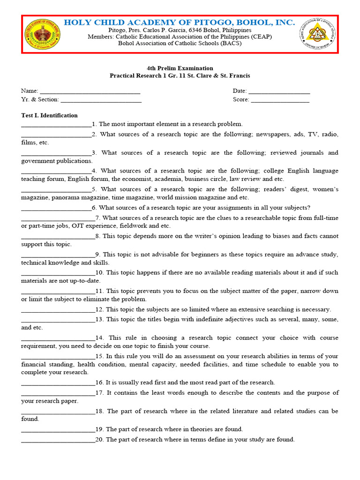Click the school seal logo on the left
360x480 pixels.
(43, 35)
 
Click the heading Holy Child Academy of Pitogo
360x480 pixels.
(180, 22)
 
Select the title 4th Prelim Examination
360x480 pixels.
(180, 68)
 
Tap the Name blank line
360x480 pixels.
(90, 91)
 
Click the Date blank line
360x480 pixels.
(279, 91)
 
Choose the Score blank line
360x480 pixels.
(280, 100)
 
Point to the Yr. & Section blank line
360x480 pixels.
(101, 100)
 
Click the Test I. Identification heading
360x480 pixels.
(49, 115)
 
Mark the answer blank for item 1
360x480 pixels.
(56, 125)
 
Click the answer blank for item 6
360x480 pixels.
(56, 208)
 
